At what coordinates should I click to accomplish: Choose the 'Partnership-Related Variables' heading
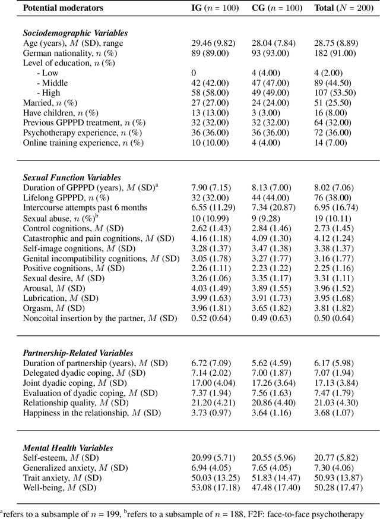(x=78, y=353)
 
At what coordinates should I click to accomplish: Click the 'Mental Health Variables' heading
(x=68, y=448)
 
